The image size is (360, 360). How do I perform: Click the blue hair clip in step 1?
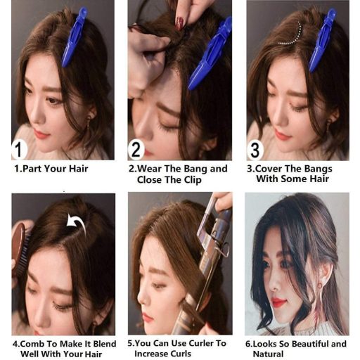tap(74, 37)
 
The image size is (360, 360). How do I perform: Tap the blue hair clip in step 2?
tap(209, 55)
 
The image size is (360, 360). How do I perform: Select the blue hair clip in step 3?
tap(322, 40)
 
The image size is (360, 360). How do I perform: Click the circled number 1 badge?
tap(19, 149)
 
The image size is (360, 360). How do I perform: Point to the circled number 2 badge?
tap(136, 149)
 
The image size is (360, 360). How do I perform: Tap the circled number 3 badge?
tap(255, 149)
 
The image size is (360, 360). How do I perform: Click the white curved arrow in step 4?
tap(77, 223)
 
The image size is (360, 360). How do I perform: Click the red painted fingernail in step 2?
tap(180, 23)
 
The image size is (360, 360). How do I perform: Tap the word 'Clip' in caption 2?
tap(193, 180)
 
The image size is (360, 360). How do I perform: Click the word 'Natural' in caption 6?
tap(268, 354)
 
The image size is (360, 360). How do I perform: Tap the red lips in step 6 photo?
tap(278, 302)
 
